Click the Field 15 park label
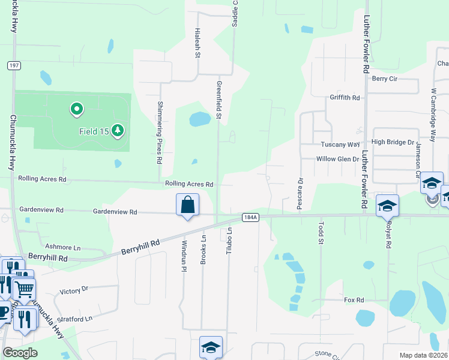click(93, 131)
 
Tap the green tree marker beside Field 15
click(118, 130)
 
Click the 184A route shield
click(250, 217)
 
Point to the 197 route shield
click(13, 65)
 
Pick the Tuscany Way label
click(340, 145)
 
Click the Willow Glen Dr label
click(337, 159)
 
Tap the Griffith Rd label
click(344, 97)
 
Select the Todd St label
click(321, 232)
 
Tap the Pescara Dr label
click(299, 193)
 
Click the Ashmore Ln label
click(63, 247)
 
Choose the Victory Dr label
click(74, 290)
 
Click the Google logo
click(20, 353)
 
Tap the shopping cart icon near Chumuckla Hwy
click(24, 290)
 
